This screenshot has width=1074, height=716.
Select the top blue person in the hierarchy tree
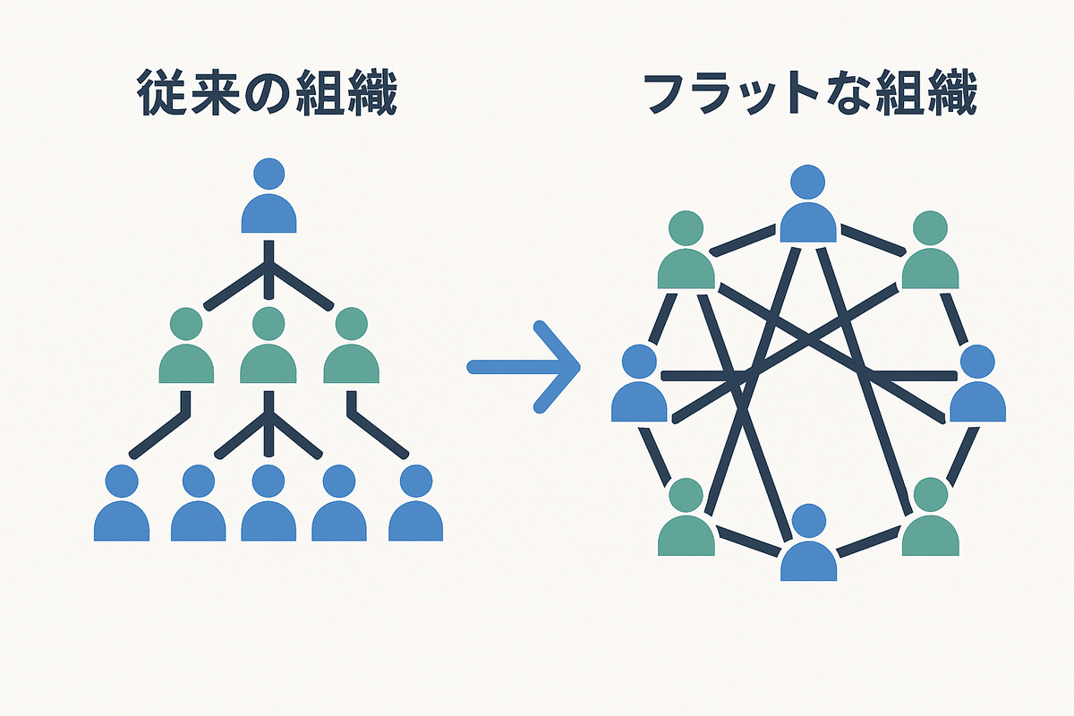269,199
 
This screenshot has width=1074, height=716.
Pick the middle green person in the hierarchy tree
269,349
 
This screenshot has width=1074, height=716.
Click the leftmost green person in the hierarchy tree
186,349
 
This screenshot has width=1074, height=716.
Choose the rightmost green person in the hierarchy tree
351,349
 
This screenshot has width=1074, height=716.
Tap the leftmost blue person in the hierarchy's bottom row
122,507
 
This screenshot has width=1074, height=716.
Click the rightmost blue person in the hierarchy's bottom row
416,507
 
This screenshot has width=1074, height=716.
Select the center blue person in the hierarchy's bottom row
268,507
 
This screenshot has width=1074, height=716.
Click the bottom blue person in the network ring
808,546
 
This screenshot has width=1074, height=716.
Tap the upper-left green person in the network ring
686,252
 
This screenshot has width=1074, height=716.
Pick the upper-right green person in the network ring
930,252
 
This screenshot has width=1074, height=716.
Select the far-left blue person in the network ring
639,387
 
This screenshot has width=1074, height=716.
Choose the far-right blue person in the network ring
977,387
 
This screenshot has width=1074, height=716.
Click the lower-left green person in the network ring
686,519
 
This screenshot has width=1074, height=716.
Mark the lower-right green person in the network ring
930,519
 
